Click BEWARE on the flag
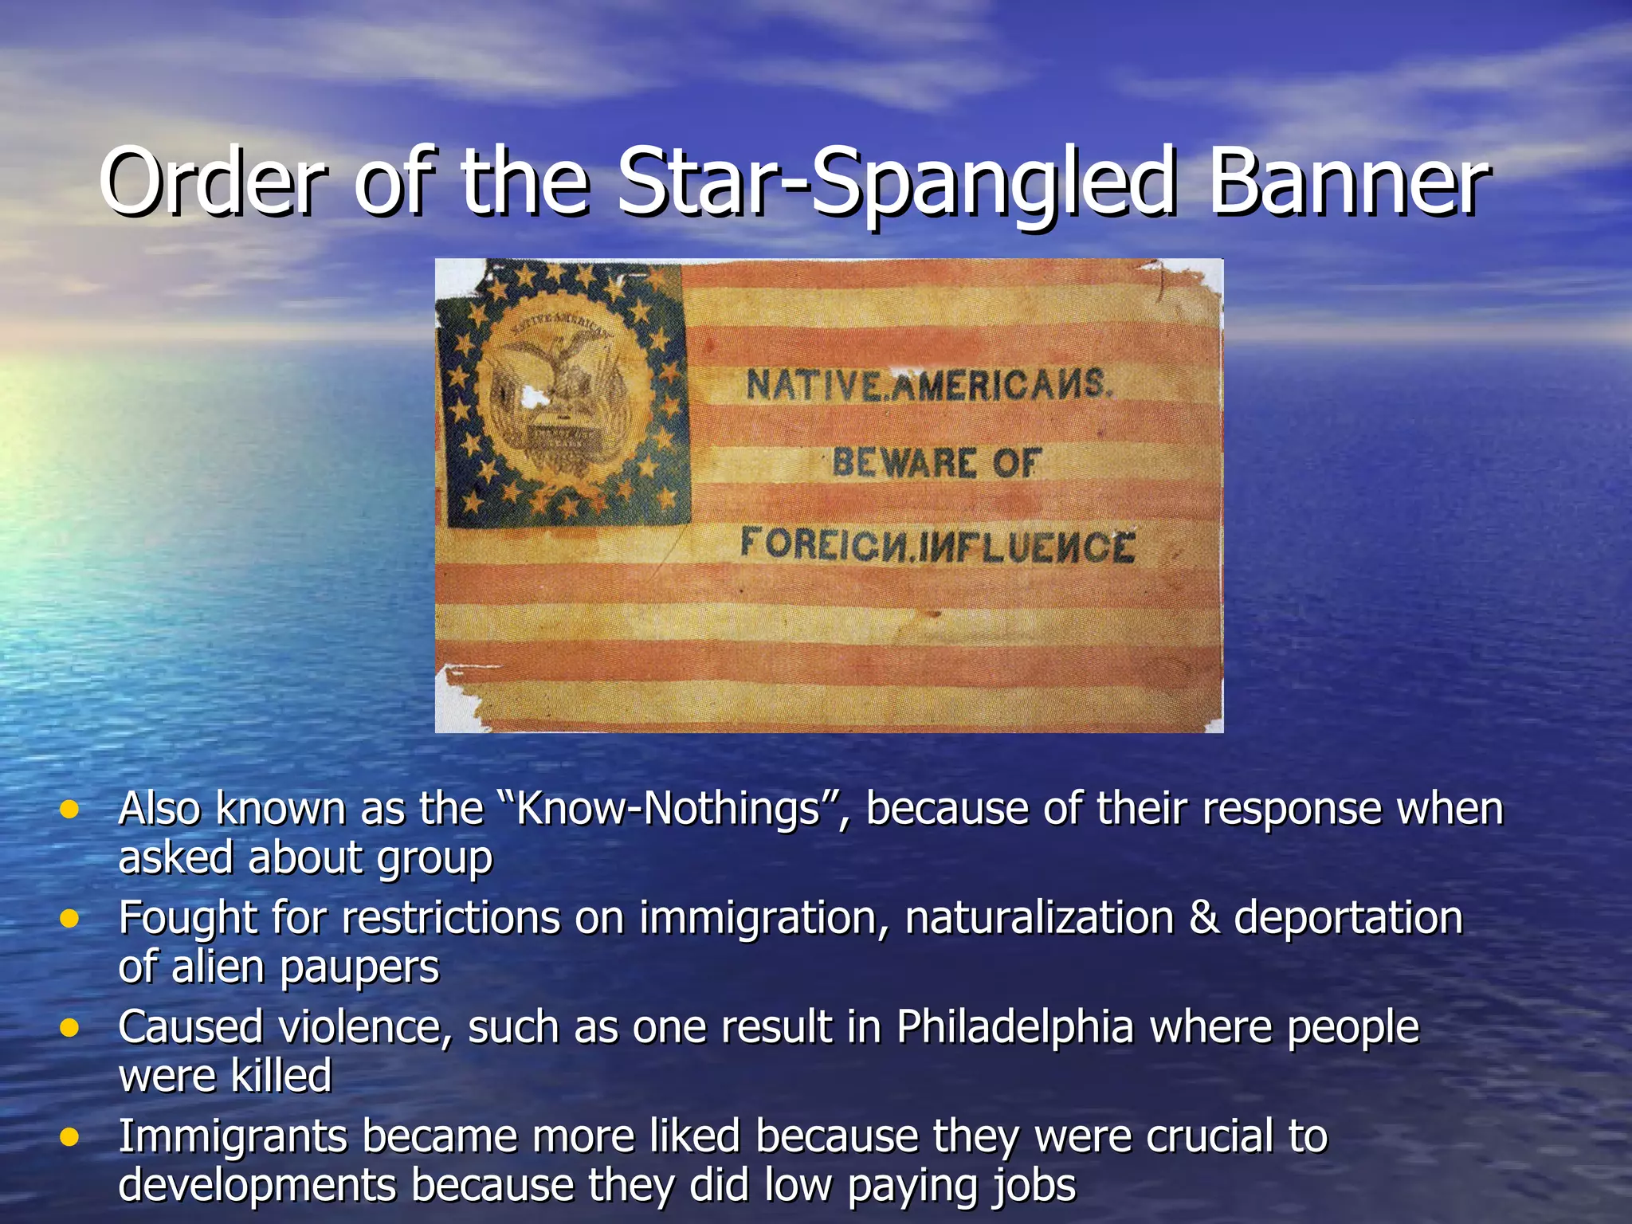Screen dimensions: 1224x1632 [x=904, y=463]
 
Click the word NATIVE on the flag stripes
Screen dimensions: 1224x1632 [x=813, y=386]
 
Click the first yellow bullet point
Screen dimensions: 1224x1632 [x=70, y=810]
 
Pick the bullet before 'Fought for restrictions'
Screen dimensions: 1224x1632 [x=70, y=919]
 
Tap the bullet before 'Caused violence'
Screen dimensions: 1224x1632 [x=70, y=1028]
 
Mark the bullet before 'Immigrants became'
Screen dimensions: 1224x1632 [x=70, y=1136]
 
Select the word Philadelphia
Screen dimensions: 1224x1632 [x=1014, y=1027]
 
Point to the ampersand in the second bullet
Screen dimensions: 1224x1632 [x=1203, y=918]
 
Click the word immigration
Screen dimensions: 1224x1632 [x=763, y=919]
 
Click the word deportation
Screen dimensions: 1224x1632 [x=1348, y=919]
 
